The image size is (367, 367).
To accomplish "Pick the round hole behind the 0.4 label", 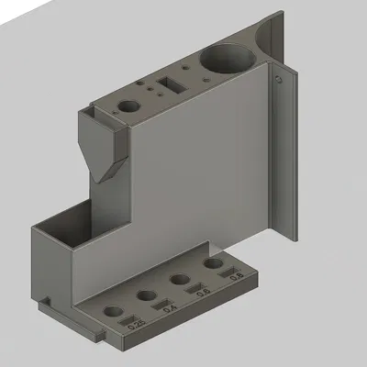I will pos(147,295).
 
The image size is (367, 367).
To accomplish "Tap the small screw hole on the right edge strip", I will pos(275,80).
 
